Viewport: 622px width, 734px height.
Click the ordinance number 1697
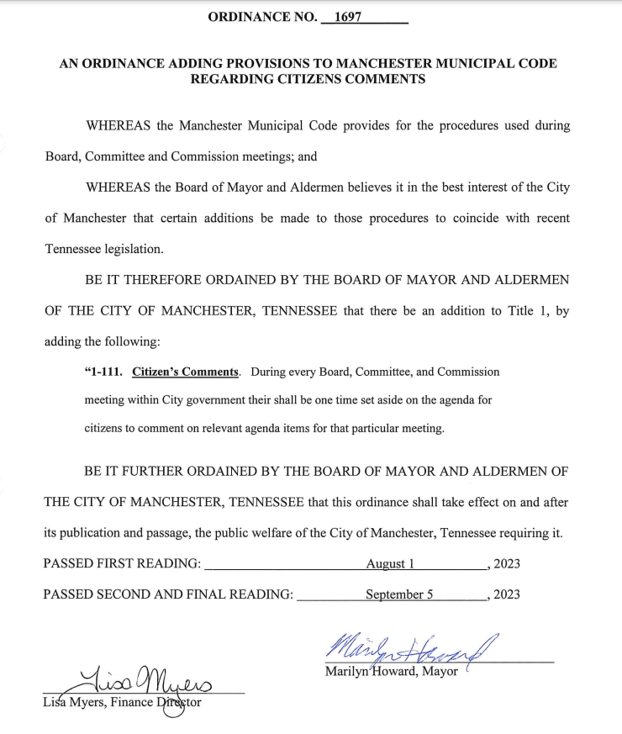click(x=347, y=17)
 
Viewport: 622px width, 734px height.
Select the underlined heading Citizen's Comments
click(x=186, y=371)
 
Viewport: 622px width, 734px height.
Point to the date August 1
click(x=390, y=563)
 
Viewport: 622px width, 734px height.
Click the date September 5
click(x=398, y=594)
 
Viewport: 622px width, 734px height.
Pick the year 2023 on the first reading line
click(x=507, y=563)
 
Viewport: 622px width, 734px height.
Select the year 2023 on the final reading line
click(x=507, y=594)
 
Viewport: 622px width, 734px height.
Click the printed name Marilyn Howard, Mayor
click(x=391, y=671)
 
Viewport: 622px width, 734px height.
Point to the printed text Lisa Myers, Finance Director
click(x=122, y=702)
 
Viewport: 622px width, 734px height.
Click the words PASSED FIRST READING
click(x=122, y=563)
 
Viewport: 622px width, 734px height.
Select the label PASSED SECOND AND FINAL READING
click(x=168, y=594)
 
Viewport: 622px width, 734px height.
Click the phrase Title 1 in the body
click(x=528, y=310)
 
